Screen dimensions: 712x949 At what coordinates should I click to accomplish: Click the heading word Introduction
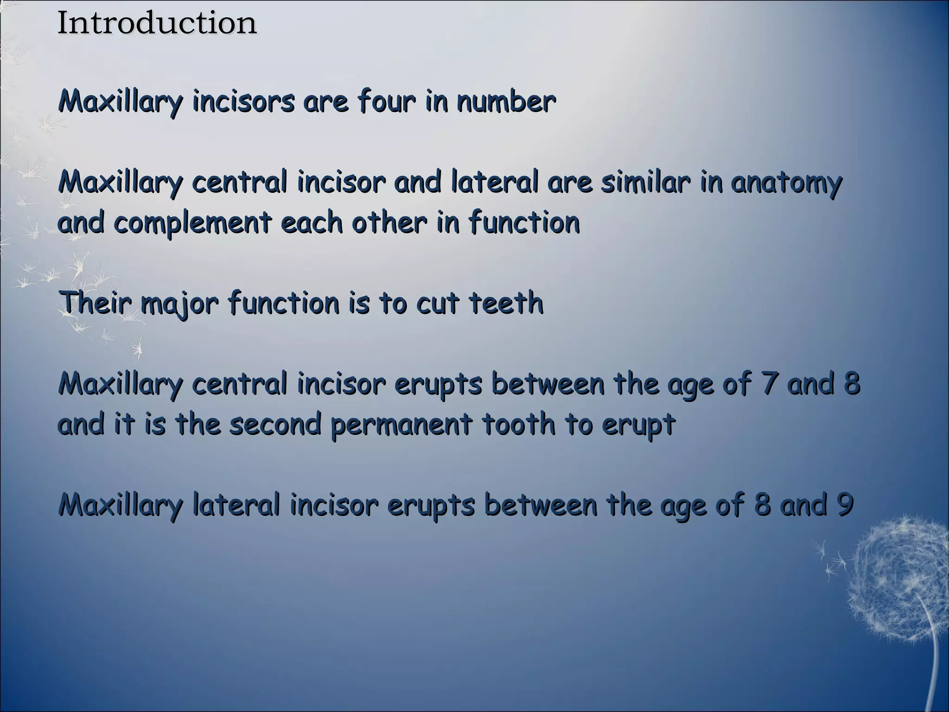tap(157, 23)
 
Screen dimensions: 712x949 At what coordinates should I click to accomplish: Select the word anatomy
tap(786, 182)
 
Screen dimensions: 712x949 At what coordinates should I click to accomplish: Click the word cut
tap(437, 303)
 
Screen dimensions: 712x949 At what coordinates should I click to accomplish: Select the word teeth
tap(506, 303)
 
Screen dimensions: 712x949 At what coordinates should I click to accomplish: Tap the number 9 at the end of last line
tap(845, 505)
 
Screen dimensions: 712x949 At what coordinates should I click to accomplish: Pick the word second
tap(275, 424)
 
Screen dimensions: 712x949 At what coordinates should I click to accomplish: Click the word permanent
tap(402, 425)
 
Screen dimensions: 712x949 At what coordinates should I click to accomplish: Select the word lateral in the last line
tap(236, 505)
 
